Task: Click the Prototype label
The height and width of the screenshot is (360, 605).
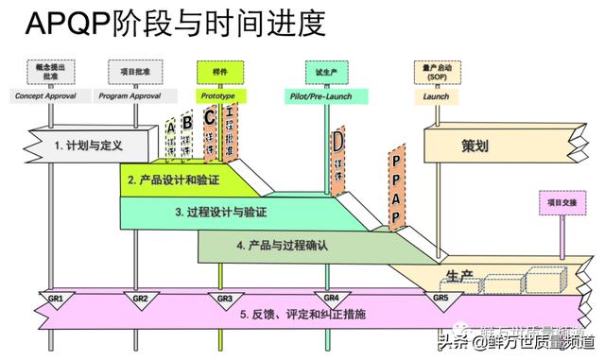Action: (218, 95)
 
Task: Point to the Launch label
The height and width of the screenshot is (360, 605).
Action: (436, 95)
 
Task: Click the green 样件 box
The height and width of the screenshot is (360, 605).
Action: (218, 71)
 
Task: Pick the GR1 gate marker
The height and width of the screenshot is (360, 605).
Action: (56, 300)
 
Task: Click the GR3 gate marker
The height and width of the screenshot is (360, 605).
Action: (224, 300)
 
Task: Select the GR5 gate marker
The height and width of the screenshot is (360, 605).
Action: (441, 300)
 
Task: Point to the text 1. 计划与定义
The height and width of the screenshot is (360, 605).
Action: (89, 146)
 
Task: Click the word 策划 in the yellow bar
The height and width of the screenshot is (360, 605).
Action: (475, 147)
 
